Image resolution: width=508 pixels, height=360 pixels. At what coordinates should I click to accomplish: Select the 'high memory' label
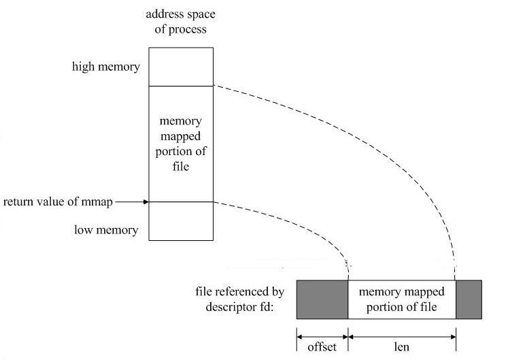pyautogui.click(x=106, y=67)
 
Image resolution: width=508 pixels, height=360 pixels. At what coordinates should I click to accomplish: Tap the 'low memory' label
pyautogui.click(x=106, y=230)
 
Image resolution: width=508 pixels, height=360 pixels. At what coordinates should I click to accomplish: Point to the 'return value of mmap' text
pyautogui.click(x=58, y=201)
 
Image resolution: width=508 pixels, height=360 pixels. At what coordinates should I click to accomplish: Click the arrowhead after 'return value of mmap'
pyautogui.click(x=146, y=201)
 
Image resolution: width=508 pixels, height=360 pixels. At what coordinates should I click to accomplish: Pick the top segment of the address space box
pyautogui.click(x=181, y=66)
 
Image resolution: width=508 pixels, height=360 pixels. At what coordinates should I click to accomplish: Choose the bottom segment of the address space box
pyautogui.click(x=181, y=221)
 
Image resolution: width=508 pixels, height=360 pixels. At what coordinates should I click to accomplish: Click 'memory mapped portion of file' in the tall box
pyautogui.click(x=181, y=143)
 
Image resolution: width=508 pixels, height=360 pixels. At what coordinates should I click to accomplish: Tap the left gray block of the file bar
pyautogui.click(x=322, y=299)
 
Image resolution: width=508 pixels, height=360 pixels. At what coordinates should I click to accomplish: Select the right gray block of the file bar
pyautogui.click(x=469, y=299)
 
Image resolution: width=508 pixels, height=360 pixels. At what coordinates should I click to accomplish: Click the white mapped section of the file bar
pyautogui.click(x=401, y=299)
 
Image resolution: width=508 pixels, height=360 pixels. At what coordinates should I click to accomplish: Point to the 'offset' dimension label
pyautogui.click(x=322, y=346)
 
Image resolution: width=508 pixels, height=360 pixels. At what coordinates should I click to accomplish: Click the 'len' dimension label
pyautogui.click(x=401, y=346)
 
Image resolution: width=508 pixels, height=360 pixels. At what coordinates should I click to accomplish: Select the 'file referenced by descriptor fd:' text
pyautogui.click(x=243, y=299)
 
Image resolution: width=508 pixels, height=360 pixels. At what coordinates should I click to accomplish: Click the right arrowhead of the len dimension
pyautogui.click(x=452, y=335)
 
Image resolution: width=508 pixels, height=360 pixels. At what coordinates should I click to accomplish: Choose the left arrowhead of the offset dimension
pyautogui.click(x=300, y=335)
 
